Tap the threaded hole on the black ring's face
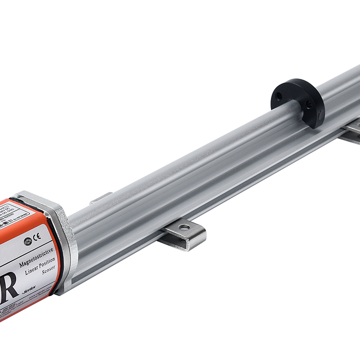[309, 104]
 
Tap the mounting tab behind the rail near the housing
[101, 198]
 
